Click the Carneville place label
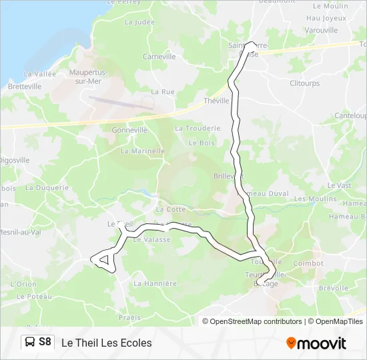coord(159,57)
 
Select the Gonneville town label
coord(129,130)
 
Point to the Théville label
coord(216,101)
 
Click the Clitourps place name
coord(305,83)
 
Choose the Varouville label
coord(321,31)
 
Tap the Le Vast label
coord(339,185)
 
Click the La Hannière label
coord(155,283)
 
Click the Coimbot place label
coord(308,263)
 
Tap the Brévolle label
coord(334,288)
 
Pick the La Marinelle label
coord(142,151)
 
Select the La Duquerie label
coord(47,188)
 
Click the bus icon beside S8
coord(30,343)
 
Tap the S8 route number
coord(45,343)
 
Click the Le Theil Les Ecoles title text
coord(107,343)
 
